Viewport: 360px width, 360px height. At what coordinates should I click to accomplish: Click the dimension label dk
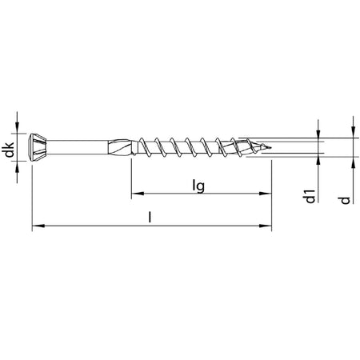tap(10, 150)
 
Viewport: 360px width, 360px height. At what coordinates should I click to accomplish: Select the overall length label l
tap(150, 217)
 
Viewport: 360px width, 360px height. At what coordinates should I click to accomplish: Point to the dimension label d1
tap(310, 197)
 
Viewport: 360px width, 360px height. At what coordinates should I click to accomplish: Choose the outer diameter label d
tap(346, 200)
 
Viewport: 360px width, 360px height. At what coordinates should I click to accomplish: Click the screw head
tap(38, 147)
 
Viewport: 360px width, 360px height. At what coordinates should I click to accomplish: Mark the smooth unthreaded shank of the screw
tap(78, 147)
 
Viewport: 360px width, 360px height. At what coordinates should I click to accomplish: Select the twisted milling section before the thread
tap(121, 147)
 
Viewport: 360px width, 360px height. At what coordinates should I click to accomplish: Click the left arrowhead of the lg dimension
tap(138, 194)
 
